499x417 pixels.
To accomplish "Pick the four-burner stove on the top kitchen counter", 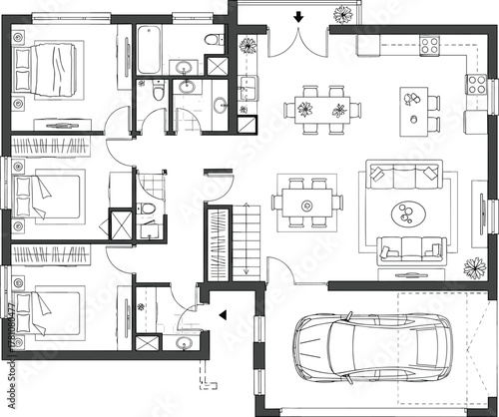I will click(x=431, y=45).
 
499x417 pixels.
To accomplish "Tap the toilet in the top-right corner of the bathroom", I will click(x=213, y=41).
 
